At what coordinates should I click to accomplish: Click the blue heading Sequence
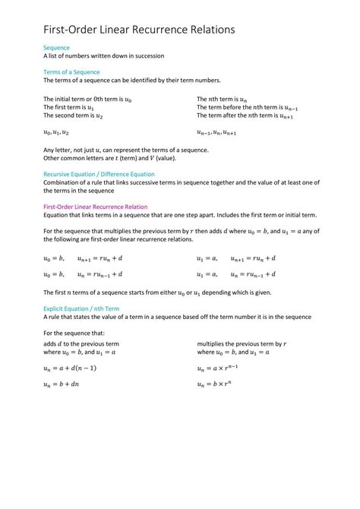[x=57, y=47]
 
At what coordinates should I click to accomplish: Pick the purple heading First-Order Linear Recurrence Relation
[x=95, y=207]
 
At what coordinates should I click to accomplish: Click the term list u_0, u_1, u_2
[x=57, y=132]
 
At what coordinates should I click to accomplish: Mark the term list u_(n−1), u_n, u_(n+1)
[x=220, y=132]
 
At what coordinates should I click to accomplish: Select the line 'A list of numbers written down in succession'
[x=103, y=56]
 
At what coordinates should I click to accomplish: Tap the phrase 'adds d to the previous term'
[x=81, y=343]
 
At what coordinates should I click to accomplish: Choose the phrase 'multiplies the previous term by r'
[x=242, y=343]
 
